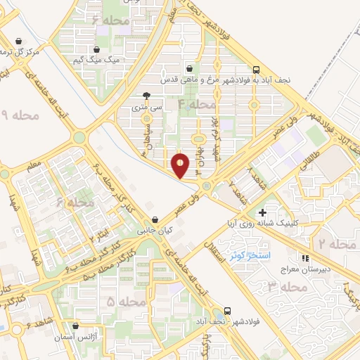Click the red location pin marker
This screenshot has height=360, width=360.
coord(181,165)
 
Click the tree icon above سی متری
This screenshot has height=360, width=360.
coord(146,96)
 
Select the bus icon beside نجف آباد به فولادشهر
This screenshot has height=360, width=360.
coord(256,70)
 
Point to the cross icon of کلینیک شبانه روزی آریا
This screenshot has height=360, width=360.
coord(262,212)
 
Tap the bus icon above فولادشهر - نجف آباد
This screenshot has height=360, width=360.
coord(227,310)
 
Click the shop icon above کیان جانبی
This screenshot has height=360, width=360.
coord(155,219)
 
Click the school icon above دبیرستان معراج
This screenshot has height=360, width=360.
coord(304,258)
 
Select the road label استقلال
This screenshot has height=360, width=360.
coord(210,248)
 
